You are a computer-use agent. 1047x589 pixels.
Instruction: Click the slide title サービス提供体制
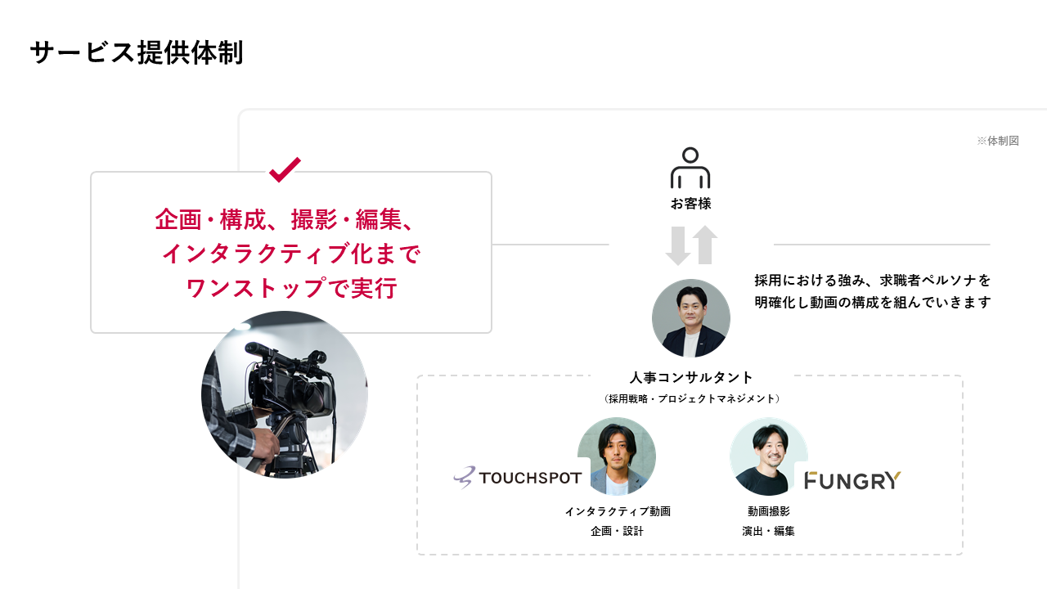[137, 53]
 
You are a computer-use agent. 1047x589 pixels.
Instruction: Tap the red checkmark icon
[285, 169]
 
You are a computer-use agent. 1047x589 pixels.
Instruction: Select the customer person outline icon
[690, 168]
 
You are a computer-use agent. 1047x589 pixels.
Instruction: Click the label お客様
[690, 204]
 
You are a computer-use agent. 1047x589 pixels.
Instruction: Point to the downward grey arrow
[678, 245]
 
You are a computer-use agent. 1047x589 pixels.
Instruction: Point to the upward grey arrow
[704, 245]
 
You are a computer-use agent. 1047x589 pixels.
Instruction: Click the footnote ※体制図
[997, 141]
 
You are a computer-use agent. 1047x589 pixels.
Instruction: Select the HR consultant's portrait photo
[691, 318]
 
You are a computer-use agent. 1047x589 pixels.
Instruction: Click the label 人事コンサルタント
[691, 377]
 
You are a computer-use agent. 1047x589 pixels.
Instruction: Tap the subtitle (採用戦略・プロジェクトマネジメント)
[691, 398]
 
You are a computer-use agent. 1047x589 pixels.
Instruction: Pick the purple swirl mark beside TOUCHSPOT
[464, 478]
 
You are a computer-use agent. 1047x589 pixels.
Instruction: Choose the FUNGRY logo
[852, 480]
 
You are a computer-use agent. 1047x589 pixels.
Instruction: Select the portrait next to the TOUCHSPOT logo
[616, 456]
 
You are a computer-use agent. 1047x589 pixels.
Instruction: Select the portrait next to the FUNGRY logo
[768, 456]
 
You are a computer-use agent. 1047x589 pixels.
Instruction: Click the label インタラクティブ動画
[618, 511]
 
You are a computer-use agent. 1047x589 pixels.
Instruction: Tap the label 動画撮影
[768, 511]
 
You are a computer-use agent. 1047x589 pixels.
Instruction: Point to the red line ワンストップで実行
[291, 289]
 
